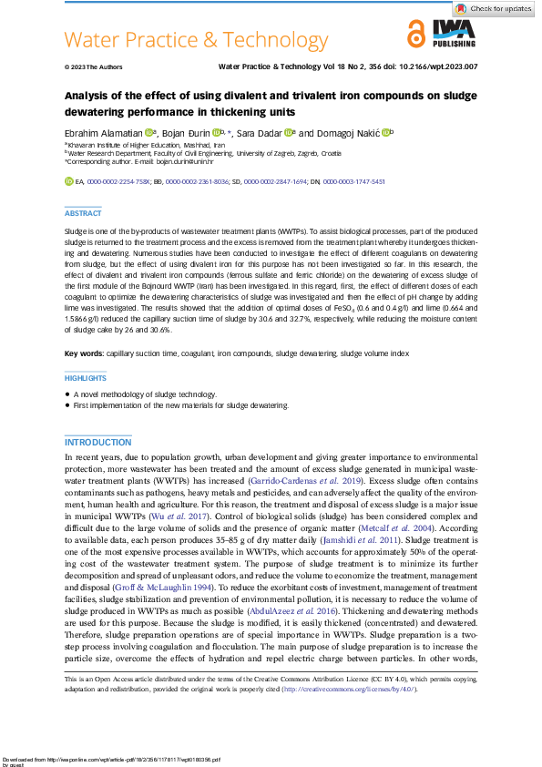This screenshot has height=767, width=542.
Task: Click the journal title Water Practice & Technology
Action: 196,40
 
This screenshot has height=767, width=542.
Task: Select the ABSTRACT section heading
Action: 84,213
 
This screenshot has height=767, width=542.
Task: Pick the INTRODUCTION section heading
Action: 98,442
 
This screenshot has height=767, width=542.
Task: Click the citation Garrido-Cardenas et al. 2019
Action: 313,477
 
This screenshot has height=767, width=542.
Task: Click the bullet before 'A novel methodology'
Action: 67,394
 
